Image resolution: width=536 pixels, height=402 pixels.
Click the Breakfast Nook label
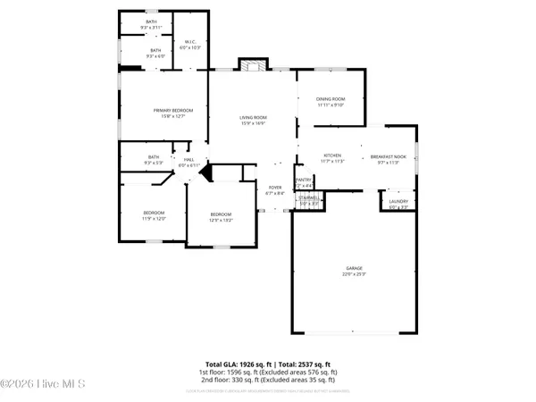click(x=388, y=158)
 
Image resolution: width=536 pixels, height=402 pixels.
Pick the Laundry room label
click(x=398, y=202)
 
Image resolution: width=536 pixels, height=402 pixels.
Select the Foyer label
click(x=275, y=188)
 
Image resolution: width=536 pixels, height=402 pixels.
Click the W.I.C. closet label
click(x=189, y=42)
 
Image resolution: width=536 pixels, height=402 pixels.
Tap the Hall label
click(x=188, y=160)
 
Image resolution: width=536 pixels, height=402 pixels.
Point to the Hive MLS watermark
click(x=43, y=385)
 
